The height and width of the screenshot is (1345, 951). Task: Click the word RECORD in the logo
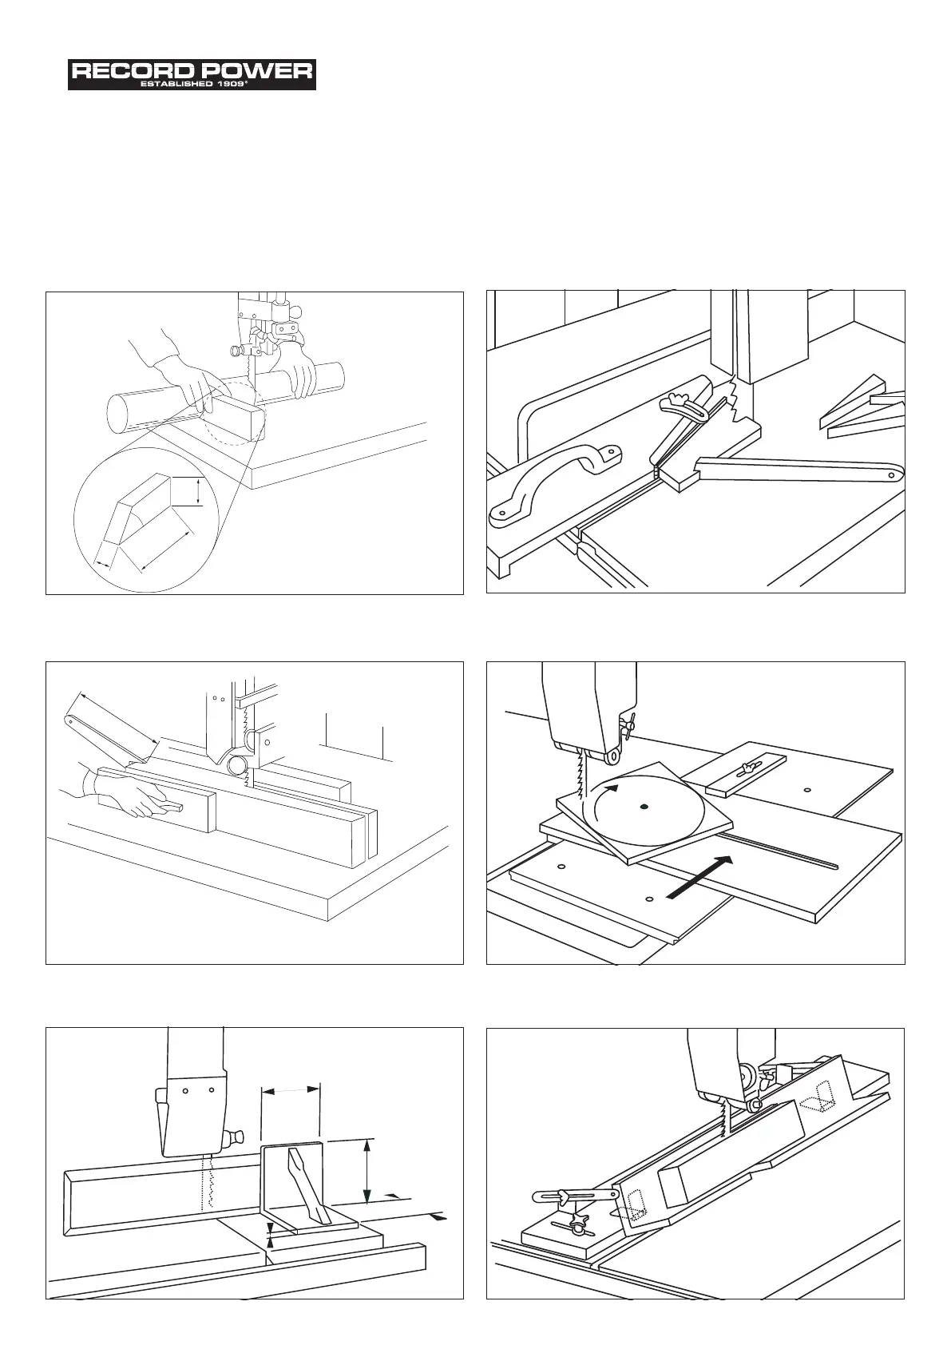click(x=128, y=71)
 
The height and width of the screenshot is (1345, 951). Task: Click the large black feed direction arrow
click(x=699, y=876)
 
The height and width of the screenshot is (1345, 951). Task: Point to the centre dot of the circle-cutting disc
click(x=644, y=807)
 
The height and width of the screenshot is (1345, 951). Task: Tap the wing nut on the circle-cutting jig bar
click(x=747, y=768)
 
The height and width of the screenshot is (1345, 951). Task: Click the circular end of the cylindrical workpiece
click(x=120, y=415)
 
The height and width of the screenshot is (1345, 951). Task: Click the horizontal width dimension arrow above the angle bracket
click(x=291, y=1089)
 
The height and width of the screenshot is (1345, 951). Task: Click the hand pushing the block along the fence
click(x=132, y=796)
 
